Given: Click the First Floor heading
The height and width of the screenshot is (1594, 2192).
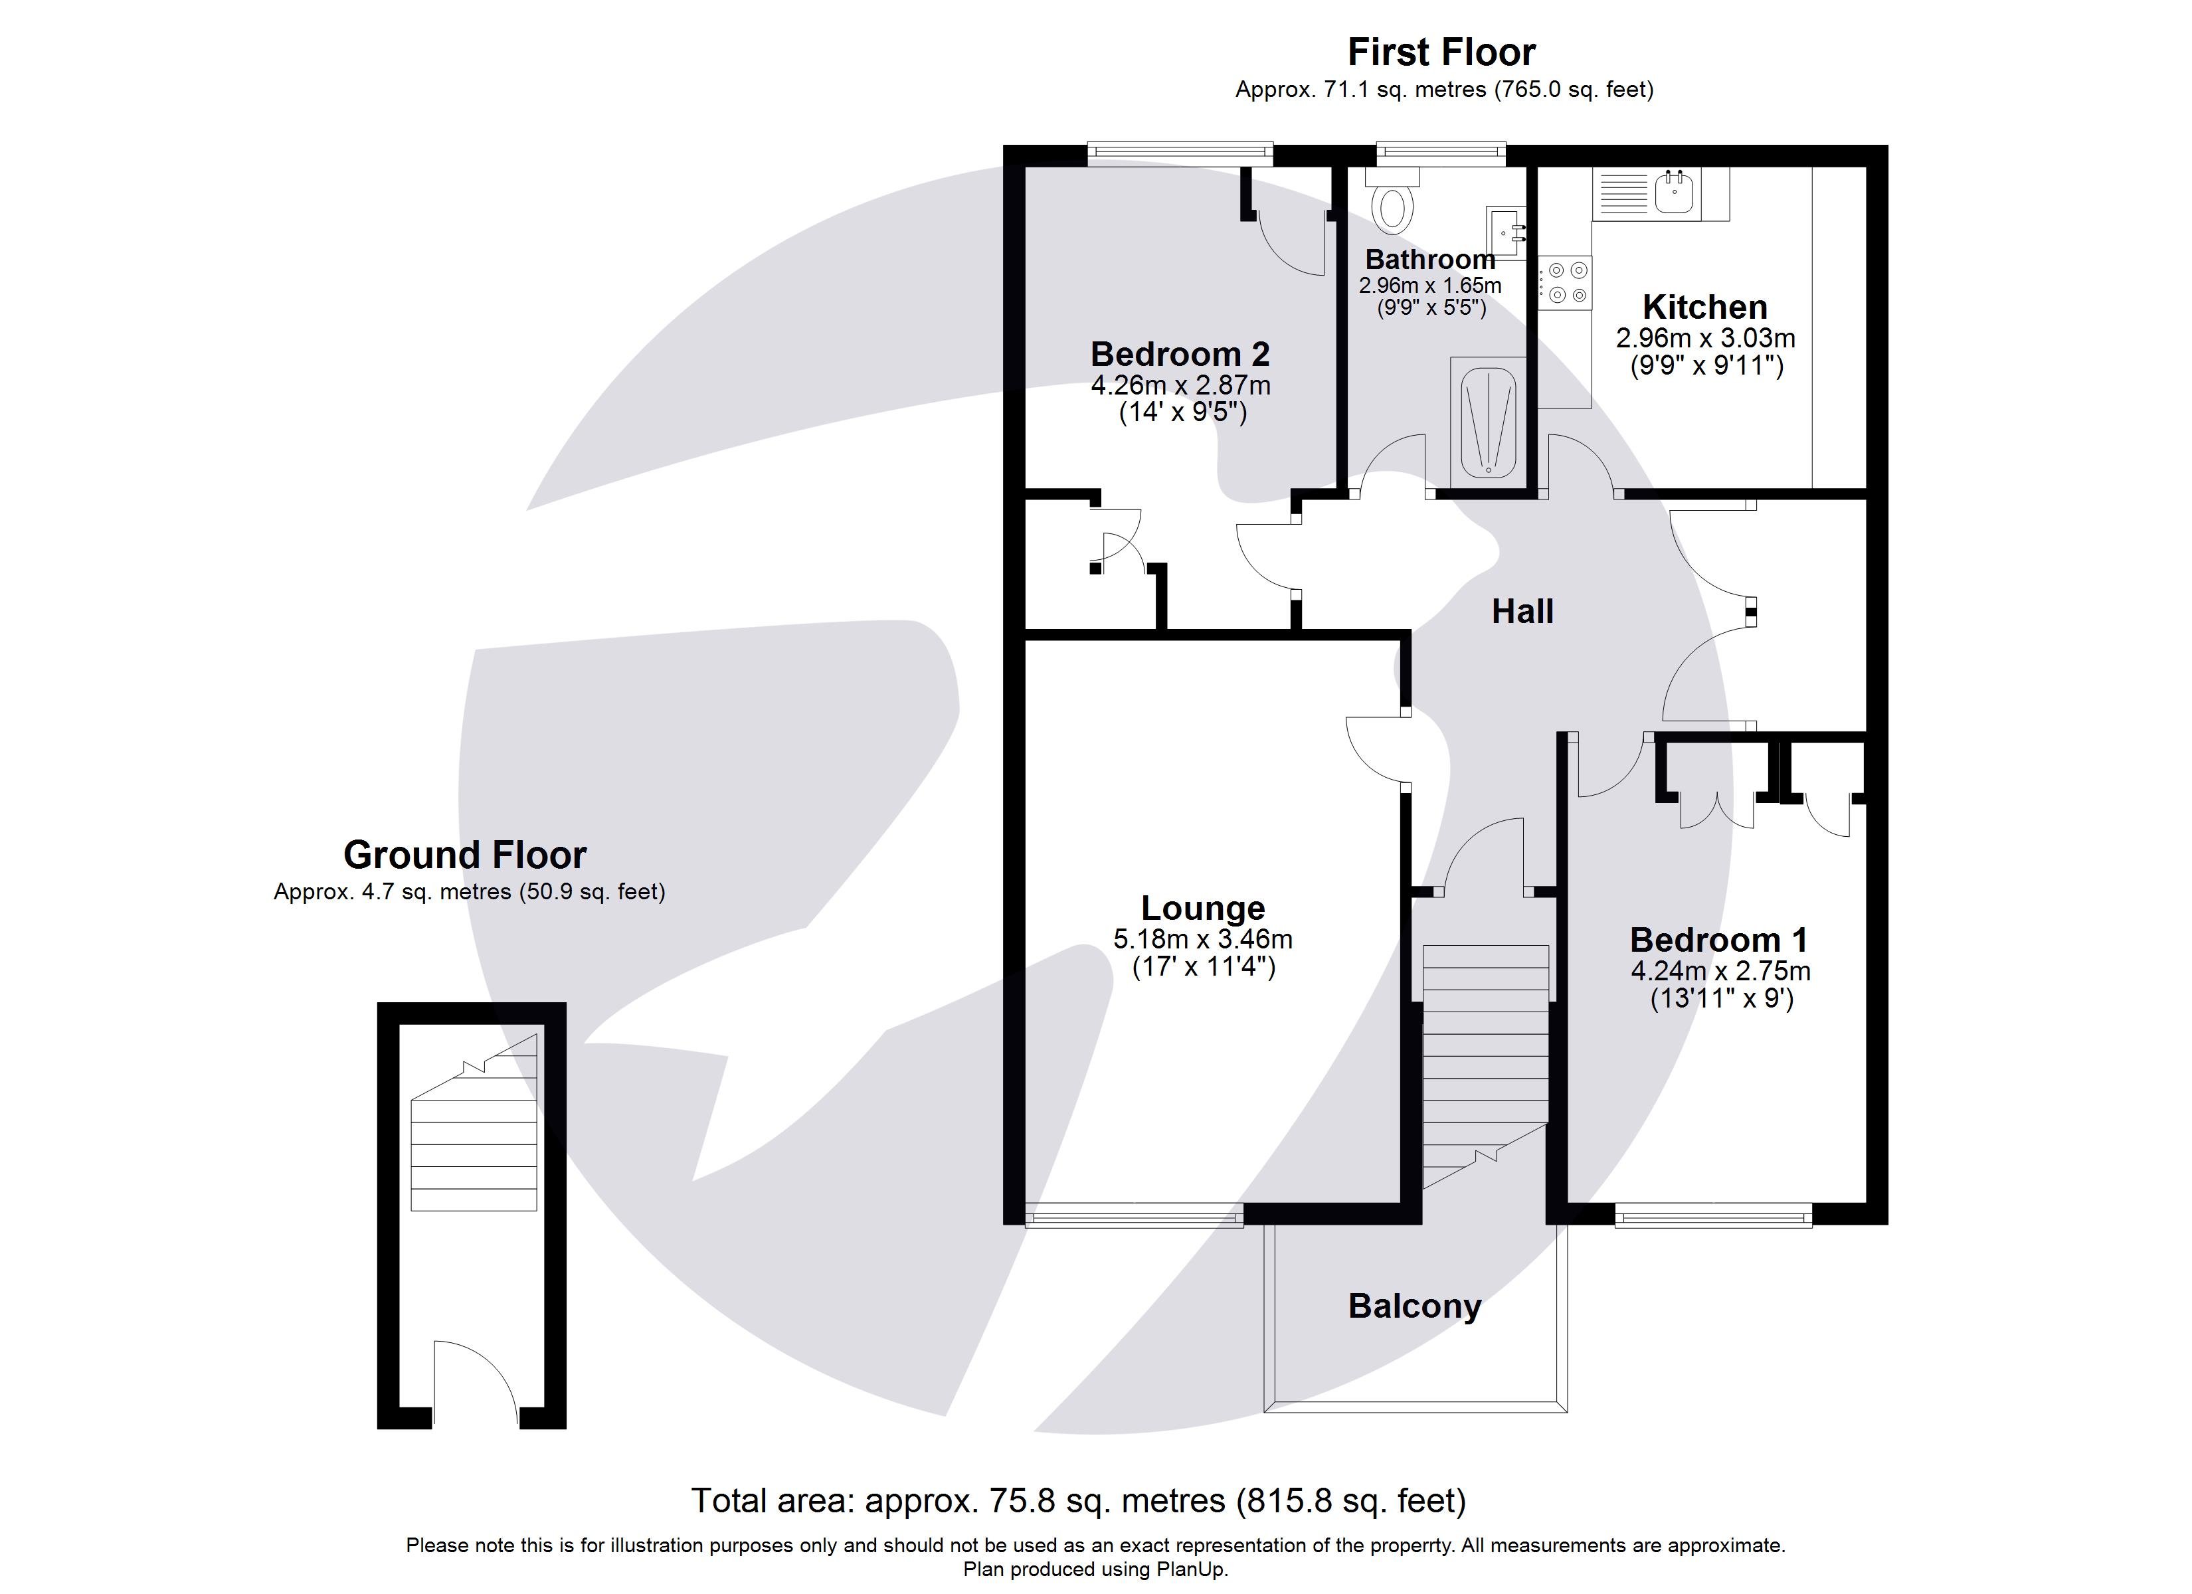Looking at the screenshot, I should (x=1441, y=52).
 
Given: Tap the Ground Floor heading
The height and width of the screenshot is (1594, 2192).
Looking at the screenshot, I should (x=465, y=855).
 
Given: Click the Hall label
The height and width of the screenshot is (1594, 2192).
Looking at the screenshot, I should (x=1522, y=612).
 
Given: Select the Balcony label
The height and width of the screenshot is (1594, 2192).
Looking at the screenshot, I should (x=1414, y=1307).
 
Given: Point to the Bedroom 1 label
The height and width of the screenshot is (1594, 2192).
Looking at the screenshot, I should (x=1718, y=940).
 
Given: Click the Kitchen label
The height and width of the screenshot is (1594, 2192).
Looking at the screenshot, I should (x=1705, y=308).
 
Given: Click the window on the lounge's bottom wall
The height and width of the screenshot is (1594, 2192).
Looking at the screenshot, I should (x=1134, y=1221).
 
